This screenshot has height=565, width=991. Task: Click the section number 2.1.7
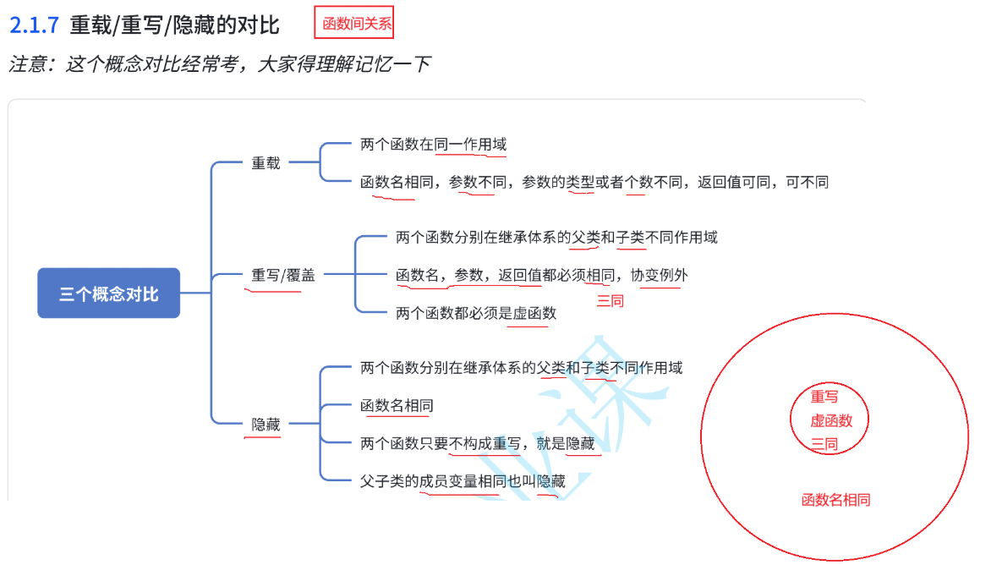tap(34, 25)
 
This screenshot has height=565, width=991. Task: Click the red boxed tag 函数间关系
tap(357, 24)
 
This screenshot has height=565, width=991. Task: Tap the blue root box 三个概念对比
tap(108, 293)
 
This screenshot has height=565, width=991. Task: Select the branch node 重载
tap(266, 163)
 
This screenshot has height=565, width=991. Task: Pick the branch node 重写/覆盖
tap(282, 275)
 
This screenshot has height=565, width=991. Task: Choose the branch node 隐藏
tap(266, 425)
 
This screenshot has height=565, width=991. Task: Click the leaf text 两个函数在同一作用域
tap(433, 145)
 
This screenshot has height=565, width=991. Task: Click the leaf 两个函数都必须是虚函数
tap(476, 313)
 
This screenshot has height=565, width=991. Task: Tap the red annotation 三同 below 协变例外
tap(610, 300)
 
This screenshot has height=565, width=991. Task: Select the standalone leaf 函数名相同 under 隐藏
tap(397, 405)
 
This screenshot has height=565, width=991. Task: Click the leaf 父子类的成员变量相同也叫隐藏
tap(463, 481)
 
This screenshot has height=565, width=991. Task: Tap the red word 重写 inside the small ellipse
tap(824, 397)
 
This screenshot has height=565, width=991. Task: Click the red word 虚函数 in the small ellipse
tap(831, 420)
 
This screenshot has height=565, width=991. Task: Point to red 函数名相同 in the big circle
tap(835, 500)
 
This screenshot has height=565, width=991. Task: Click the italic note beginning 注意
tap(220, 64)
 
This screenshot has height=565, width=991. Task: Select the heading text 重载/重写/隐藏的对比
tap(174, 25)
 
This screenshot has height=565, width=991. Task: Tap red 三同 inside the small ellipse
tap(824, 444)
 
